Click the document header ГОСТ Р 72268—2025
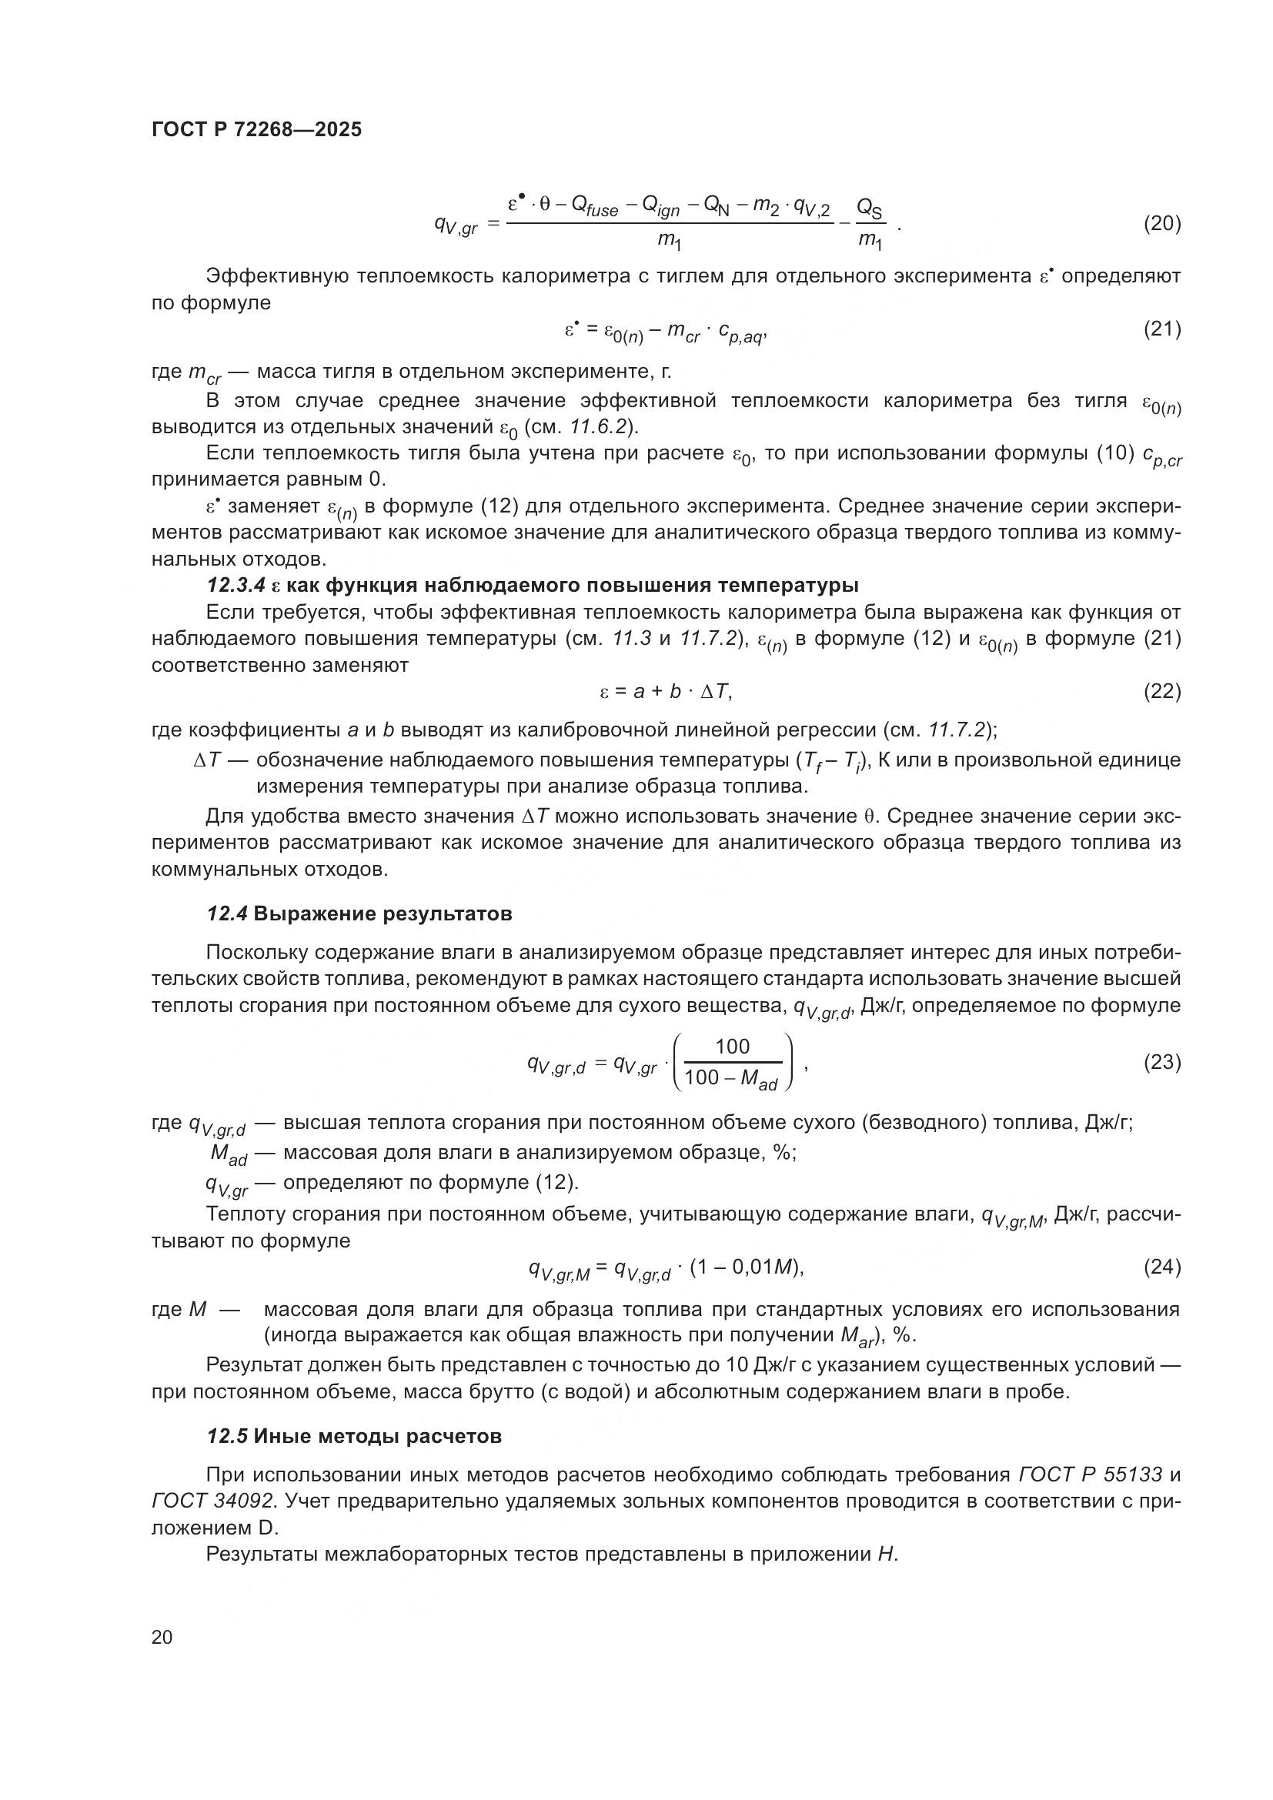click(256, 129)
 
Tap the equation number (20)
click(1161, 223)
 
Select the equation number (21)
click(1161, 329)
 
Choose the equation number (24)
click(1161, 1267)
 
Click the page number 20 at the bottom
click(162, 1638)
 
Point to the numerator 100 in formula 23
click(732, 1047)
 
